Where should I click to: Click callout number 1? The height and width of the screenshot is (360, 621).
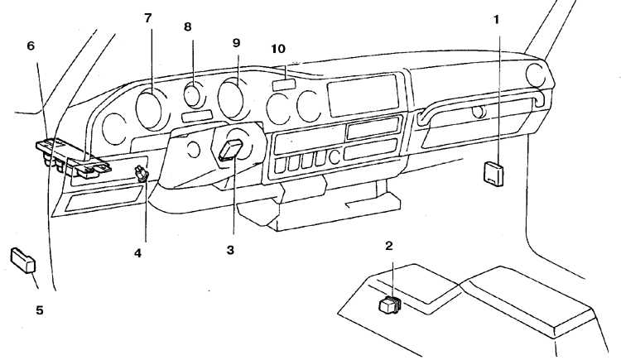(x=496, y=20)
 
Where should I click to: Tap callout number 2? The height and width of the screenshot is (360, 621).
(x=389, y=246)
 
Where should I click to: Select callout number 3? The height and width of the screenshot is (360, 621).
(x=230, y=250)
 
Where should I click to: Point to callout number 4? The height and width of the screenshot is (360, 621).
(x=137, y=253)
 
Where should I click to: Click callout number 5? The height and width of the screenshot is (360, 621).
(x=39, y=310)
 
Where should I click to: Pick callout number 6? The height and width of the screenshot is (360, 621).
(x=31, y=46)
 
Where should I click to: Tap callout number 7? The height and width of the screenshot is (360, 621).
(x=147, y=18)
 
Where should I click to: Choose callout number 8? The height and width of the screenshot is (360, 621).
(x=187, y=27)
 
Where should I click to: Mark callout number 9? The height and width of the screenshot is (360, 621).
(x=236, y=43)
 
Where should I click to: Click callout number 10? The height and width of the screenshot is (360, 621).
(x=278, y=49)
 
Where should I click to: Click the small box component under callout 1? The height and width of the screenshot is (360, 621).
(x=493, y=174)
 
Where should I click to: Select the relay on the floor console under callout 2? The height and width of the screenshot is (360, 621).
(x=390, y=305)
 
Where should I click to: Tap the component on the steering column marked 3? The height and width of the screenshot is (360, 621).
(x=231, y=151)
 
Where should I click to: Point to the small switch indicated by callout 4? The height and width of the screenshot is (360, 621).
(x=142, y=174)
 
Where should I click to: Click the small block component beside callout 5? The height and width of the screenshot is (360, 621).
(x=23, y=260)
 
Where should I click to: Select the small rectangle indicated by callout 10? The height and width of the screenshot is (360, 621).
(x=284, y=84)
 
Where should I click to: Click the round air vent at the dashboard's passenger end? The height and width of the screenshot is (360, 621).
(x=536, y=75)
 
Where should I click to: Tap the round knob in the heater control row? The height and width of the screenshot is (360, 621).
(x=335, y=157)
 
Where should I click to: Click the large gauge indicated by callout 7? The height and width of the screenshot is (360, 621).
(x=149, y=109)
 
